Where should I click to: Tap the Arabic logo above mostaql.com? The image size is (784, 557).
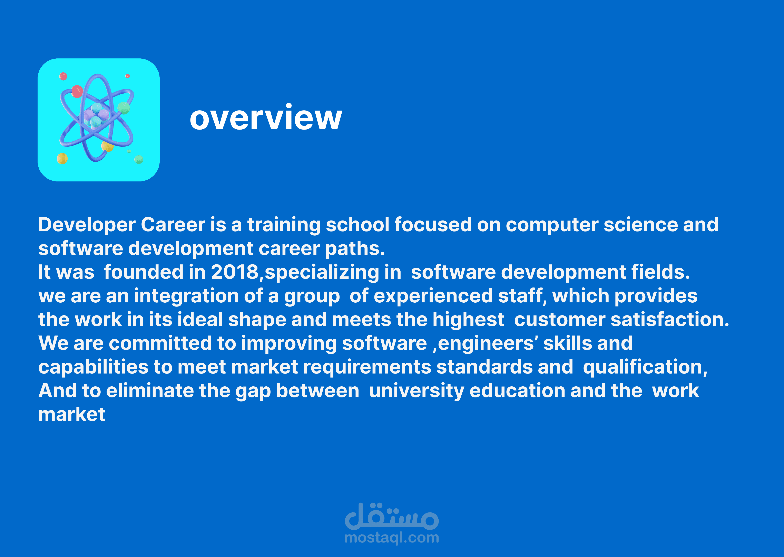coord(392,516)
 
